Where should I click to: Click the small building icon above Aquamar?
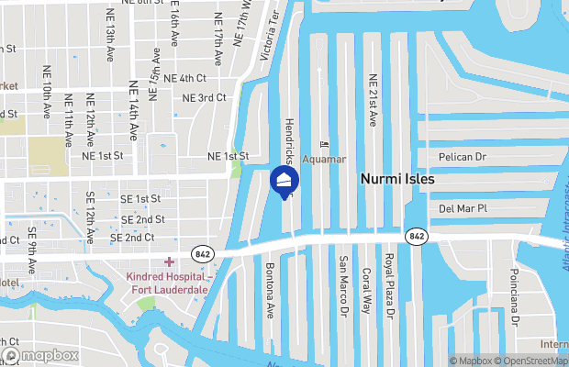coord(324,144)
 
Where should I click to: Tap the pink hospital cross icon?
coord(169,262)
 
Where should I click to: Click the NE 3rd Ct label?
coord(204,97)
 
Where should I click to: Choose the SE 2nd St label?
coord(142,219)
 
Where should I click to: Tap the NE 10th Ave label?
coord(47,92)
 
